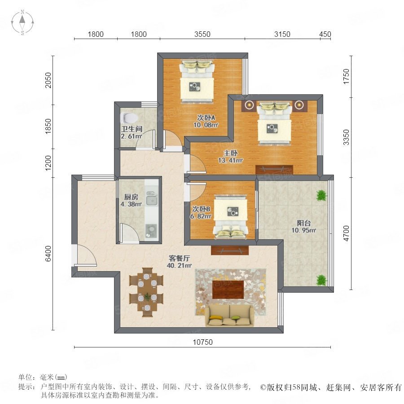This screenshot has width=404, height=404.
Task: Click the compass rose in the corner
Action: (22, 22)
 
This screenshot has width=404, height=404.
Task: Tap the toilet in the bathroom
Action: (129, 118)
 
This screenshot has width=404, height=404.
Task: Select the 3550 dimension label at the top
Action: (202, 34)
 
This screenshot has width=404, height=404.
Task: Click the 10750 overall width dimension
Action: (203, 342)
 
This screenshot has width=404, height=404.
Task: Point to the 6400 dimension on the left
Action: (48, 254)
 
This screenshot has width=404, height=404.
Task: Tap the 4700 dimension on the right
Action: (346, 233)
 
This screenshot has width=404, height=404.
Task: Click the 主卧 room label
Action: (230, 153)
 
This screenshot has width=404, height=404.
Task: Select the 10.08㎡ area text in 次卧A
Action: (206, 125)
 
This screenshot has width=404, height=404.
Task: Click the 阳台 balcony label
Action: (304, 223)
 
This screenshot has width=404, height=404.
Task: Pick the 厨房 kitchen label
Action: (131, 197)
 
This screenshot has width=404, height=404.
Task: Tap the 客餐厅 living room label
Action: (179, 258)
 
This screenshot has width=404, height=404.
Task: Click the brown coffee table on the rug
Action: (228, 290)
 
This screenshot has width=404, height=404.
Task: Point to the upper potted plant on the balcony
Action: (321, 195)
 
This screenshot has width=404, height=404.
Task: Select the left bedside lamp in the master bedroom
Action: (249, 105)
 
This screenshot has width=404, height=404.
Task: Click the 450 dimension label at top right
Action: (325, 34)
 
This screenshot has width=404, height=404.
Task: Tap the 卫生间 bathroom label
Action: (132, 129)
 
